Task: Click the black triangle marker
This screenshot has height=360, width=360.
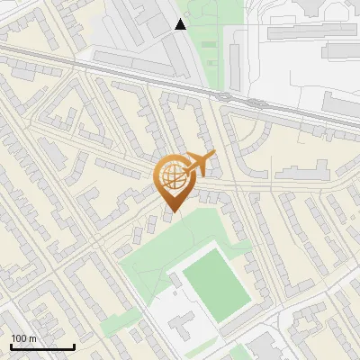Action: pyautogui.click(x=181, y=24)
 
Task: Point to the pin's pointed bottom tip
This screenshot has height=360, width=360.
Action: pyautogui.click(x=173, y=212)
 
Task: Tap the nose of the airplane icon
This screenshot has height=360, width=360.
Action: pyautogui.click(x=214, y=155)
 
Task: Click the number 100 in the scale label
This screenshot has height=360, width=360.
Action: pyautogui.click(x=18, y=338)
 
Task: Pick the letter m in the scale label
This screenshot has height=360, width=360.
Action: pyautogui.click(x=32, y=338)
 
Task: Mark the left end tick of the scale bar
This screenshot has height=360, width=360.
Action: pyautogui.click(x=11, y=346)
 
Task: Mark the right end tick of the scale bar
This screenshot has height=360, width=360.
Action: pyautogui.click(x=74, y=346)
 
